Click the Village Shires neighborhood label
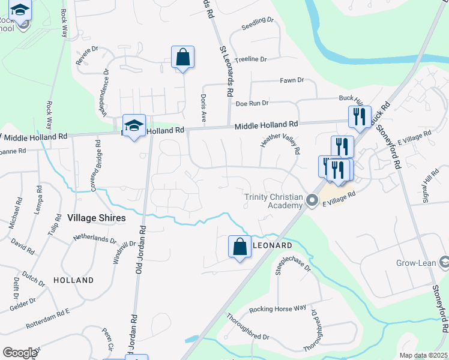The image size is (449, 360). click(97, 218)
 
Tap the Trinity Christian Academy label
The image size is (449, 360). click(273, 201)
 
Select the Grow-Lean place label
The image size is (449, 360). click(416, 263)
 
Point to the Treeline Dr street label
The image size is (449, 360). click(250, 59)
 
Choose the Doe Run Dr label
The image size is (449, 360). click(252, 103)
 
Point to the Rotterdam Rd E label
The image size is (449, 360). click(48, 321)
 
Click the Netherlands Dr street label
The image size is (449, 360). click(94, 239)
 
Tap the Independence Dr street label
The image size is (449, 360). click(106, 92)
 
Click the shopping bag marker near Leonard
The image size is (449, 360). click(240, 247)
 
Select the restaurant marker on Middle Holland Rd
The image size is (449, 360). click(360, 117)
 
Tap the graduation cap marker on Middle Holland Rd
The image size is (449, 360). click(134, 125)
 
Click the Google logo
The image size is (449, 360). click(20, 353)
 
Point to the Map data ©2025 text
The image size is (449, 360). click(423, 355)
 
